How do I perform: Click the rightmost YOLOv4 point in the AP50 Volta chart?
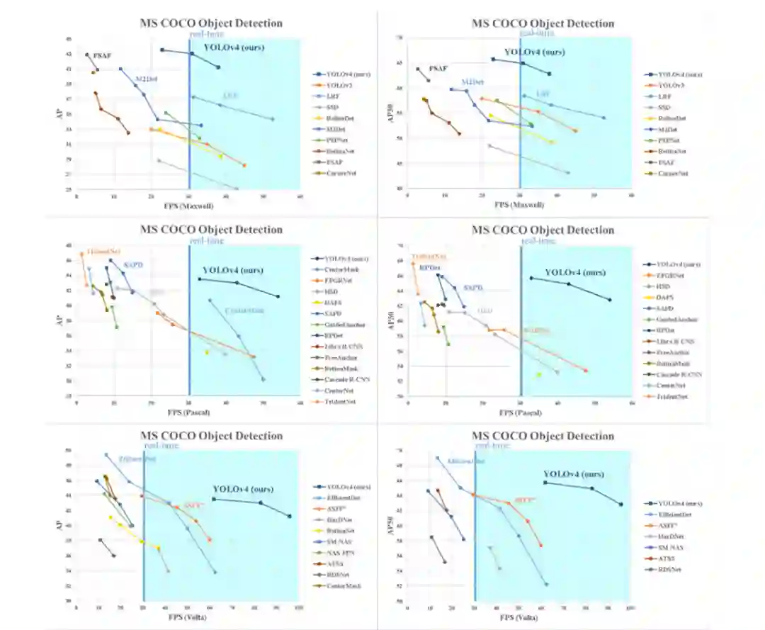pyautogui.click(x=620, y=505)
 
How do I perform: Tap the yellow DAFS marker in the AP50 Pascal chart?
pyautogui.click(x=538, y=375)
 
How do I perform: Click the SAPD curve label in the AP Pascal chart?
pyautogui.click(x=133, y=265)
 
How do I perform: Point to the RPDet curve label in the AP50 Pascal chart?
pyautogui.click(x=430, y=268)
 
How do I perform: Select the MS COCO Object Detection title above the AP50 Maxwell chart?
pyautogui.click(x=543, y=23)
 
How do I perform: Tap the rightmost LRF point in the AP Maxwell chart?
pyautogui.click(x=272, y=119)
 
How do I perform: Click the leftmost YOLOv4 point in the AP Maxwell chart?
pyautogui.click(x=162, y=50)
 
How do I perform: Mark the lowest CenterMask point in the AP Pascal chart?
pyautogui.click(x=263, y=380)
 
